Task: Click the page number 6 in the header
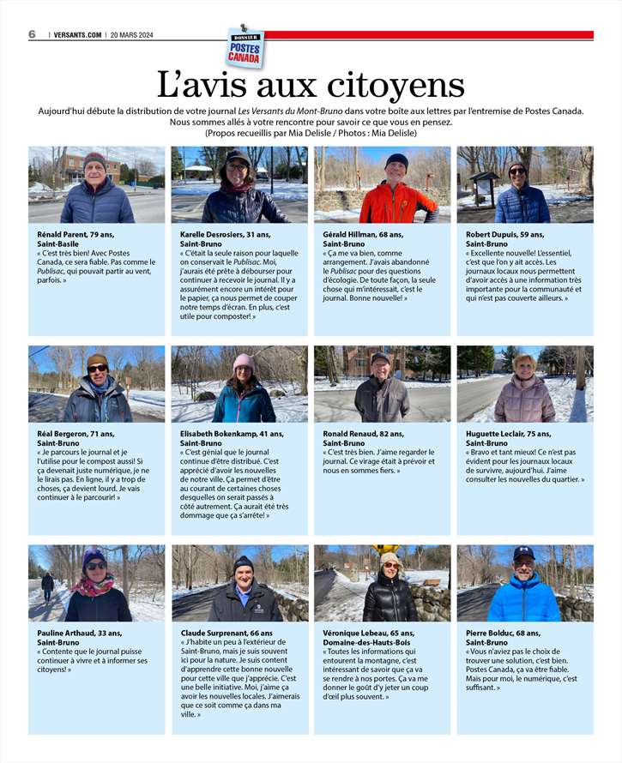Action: click(x=32, y=34)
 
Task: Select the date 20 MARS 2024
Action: click(x=137, y=35)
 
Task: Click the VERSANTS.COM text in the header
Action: click(x=77, y=35)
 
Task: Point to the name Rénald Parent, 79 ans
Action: click(x=75, y=234)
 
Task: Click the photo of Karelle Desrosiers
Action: click(x=239, y=184)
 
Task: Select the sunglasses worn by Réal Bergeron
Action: click(x=97, y=369)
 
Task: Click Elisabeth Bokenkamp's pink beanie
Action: click(x=244, y=361)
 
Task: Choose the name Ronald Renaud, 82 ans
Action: click(x=363, y=434)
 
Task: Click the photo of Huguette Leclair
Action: click(x=524, y=383)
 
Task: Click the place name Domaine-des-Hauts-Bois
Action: click(x=367, y=642)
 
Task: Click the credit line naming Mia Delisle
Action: click(x=311, y=133)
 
